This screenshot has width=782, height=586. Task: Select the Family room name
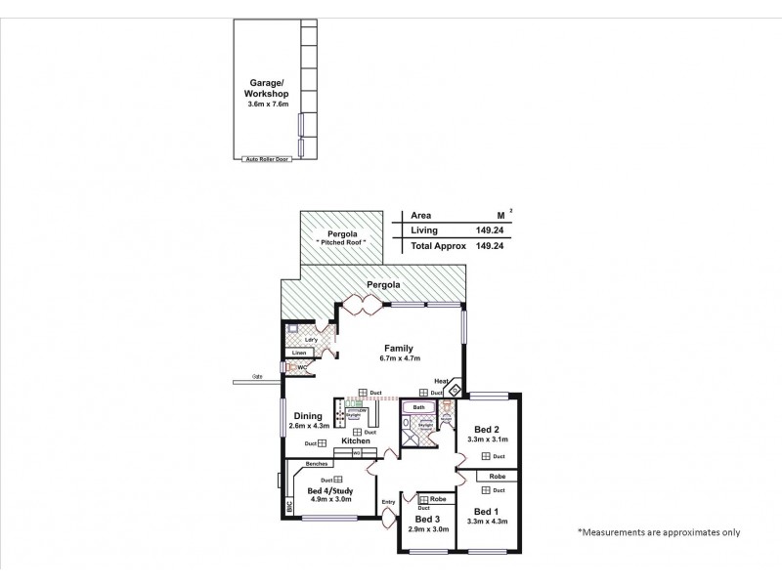[398, 348]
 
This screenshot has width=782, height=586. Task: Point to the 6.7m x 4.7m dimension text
[398, 358]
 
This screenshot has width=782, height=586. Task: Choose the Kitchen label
[356, 441]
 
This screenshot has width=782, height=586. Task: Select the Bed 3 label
[426, 518]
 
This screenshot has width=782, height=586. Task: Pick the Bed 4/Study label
[329, 490]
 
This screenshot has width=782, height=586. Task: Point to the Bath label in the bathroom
[419, 406]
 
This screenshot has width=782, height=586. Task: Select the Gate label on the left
[257, 376]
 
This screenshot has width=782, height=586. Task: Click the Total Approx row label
[437, 247]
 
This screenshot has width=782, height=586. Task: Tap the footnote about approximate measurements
[660, 532]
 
